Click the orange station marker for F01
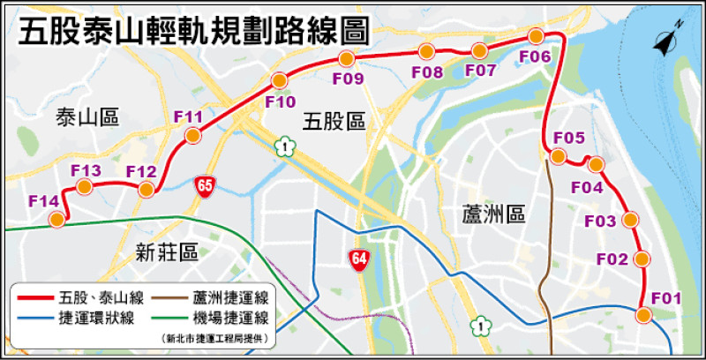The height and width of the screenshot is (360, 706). pos(644,315)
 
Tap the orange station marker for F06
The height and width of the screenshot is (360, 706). pos(536,36)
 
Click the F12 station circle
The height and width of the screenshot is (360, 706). pos(146,190)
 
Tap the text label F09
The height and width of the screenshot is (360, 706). pos(348,79)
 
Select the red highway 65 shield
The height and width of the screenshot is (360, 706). pos(206,185)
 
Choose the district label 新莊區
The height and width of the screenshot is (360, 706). pos(167,254)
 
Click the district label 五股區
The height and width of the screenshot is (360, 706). pos(333,121)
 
